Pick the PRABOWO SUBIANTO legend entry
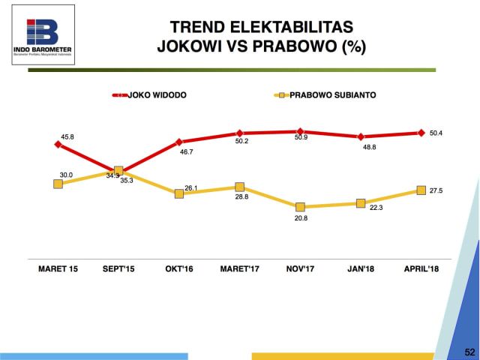click(330, 95)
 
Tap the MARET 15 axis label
click(58, 268)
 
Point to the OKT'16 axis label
click(178, 268)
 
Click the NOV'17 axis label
click(300, 268)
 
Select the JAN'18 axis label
click(361, 268)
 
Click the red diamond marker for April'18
click(421, 133)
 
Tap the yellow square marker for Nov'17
click(300, 207)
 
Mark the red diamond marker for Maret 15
click(58, 145)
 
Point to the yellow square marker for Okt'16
click(179, 193)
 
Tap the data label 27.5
click(435, 191)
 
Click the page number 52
click(469, 351)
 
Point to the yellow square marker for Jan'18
click(361, 203)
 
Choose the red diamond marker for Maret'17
click(239, 133)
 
